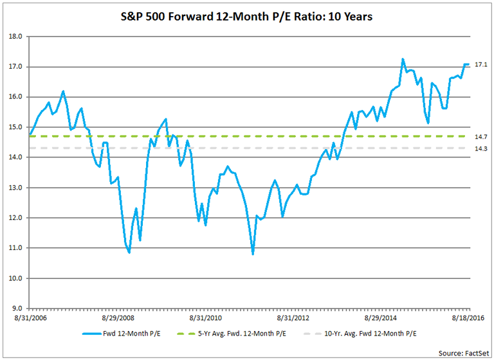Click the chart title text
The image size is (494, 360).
247,16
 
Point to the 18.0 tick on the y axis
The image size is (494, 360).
15,37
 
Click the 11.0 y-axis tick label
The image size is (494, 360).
15,248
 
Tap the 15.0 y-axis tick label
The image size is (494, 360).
15,127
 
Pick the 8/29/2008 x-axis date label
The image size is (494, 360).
118,318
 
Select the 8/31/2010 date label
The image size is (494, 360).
206,318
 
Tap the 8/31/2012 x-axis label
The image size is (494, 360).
293,318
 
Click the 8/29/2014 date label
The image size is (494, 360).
381,318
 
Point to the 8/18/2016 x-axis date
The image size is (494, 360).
468,318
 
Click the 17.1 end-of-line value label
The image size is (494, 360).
480,65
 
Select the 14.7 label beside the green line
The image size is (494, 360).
480,137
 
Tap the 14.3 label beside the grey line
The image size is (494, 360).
480,149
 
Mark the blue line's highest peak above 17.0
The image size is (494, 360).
403,59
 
